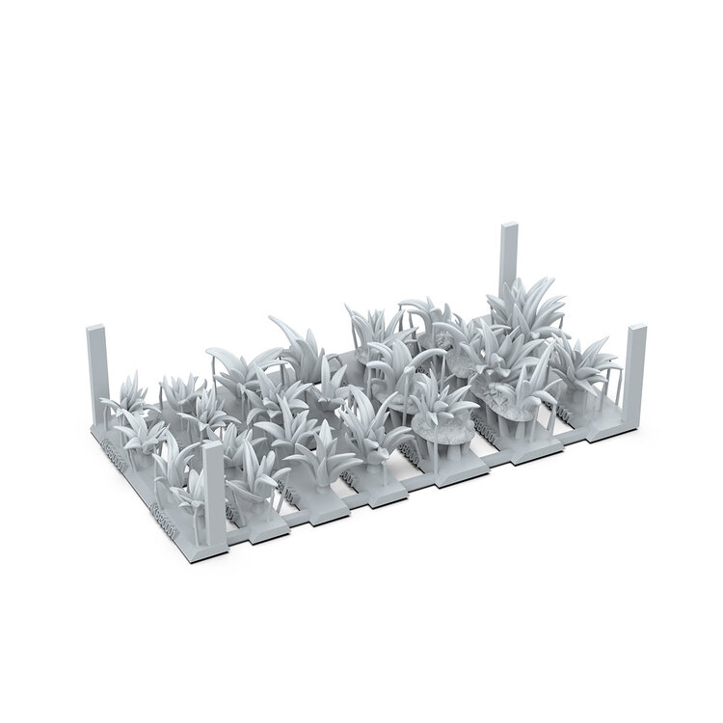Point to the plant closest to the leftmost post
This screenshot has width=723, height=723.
point(125,405)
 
